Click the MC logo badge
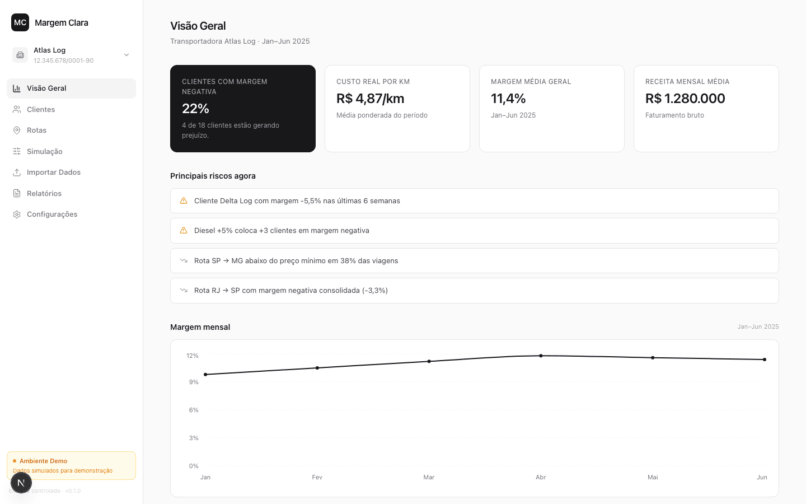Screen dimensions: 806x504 coord(20,22)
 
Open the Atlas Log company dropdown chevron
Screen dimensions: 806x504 coord(126,55)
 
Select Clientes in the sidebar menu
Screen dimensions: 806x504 coord(41,109)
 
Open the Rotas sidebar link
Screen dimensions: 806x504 coord(36,130)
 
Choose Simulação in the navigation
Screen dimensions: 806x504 coord(45,152)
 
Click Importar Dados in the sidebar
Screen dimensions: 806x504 coord(54,172)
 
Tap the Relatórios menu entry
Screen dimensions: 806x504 coord(44,193)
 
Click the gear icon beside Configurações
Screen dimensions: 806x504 coord(17,214)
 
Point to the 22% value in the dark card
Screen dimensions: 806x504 coord(195,109)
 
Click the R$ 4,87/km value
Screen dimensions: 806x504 coord(371,99)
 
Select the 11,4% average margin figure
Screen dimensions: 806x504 coord(508,99)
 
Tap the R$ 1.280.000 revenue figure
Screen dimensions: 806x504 coord(685,99)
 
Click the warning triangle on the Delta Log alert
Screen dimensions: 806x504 coord(184,201)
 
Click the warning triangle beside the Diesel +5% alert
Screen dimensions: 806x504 coord(184,230)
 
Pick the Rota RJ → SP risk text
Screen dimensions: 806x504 coord(290,291)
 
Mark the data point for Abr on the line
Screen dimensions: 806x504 coord(541,356)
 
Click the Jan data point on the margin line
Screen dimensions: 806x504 coord(205,375)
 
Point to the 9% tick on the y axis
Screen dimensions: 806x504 coord(194,382)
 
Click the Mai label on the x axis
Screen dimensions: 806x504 coord(653,477)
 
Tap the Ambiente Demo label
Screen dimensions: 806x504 coord(43,461)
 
